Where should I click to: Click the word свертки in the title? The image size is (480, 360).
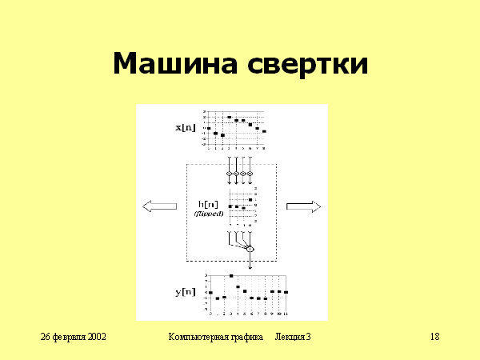coord(308,64)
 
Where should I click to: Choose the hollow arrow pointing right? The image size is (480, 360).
coord(303,206)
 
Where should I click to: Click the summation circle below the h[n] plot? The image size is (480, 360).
coord(249,250)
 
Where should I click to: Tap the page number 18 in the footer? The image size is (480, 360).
coord(434,338)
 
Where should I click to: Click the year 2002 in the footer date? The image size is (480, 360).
coord(95,338)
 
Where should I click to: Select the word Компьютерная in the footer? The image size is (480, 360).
coord(198,338)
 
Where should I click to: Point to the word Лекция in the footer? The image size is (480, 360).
coord(289,338)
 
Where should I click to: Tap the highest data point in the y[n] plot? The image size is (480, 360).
coord(231,276)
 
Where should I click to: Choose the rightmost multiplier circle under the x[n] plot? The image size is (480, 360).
coord(250,174)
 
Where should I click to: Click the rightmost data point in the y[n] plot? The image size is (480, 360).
coord(286,292)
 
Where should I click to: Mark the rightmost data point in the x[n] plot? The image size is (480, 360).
coord(264,130)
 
